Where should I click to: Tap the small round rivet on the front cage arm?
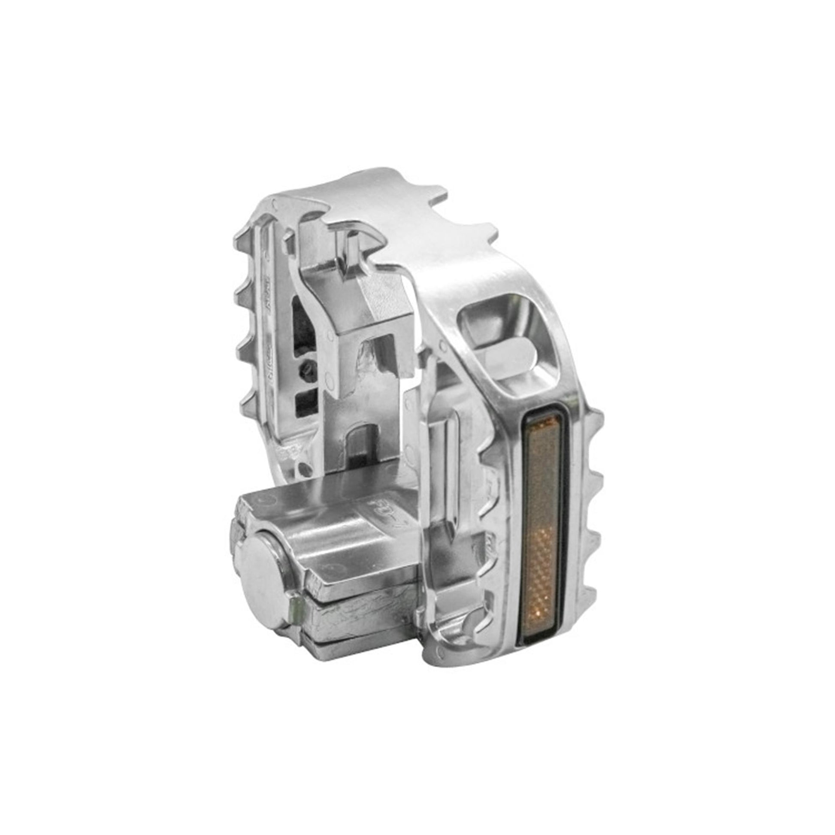[442, 345]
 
